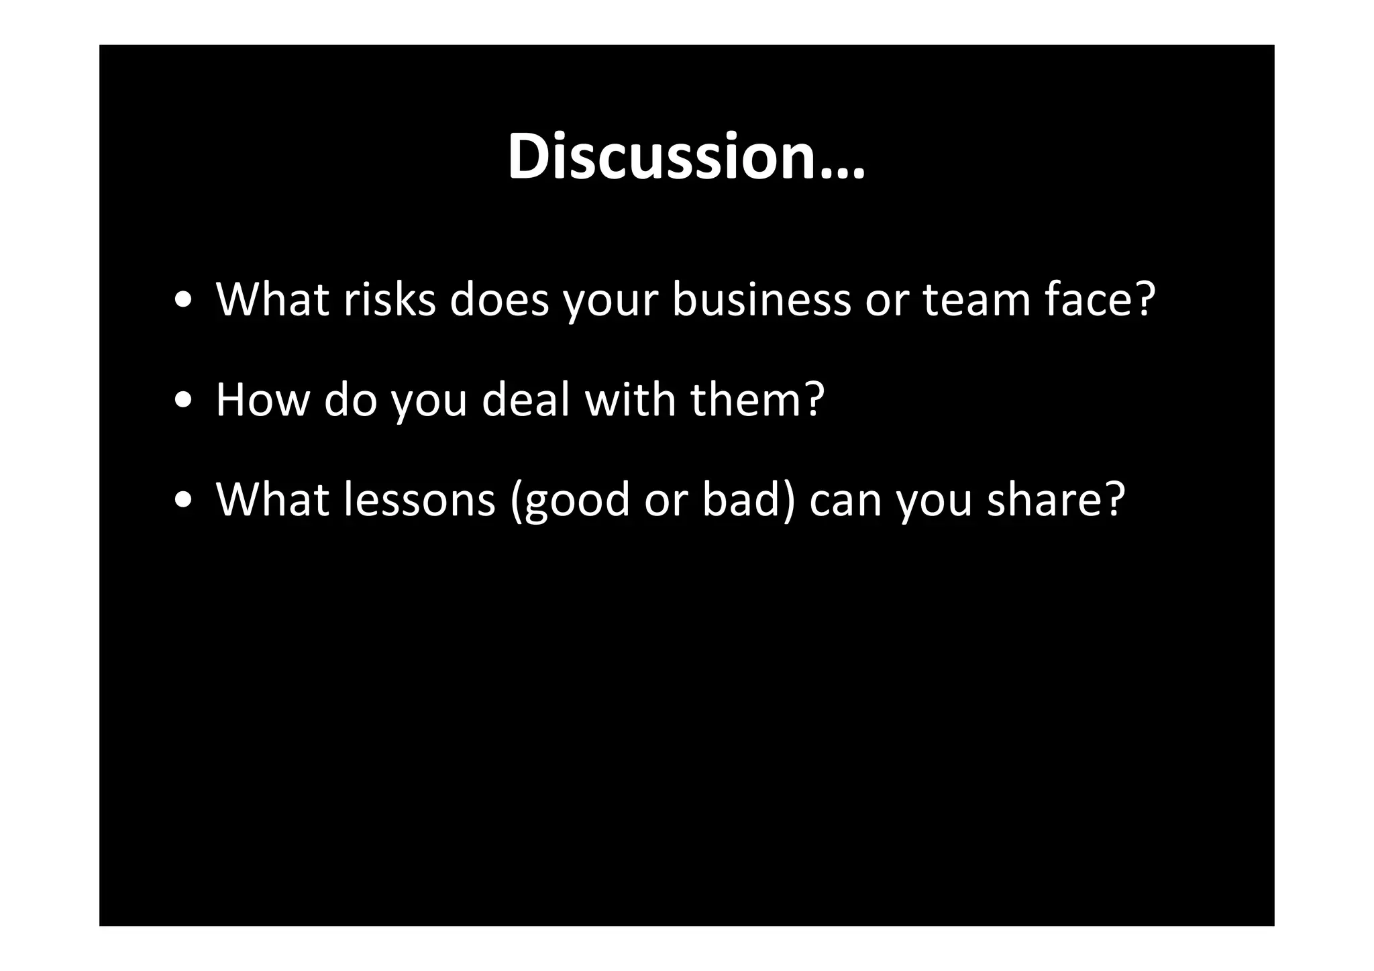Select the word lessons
point(419,499)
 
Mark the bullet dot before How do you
point(183,401)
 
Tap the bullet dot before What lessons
point(183,501)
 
